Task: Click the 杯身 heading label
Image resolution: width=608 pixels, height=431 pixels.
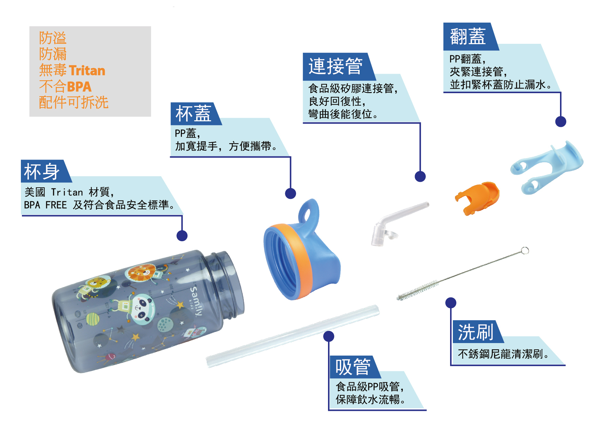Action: pos(42,171)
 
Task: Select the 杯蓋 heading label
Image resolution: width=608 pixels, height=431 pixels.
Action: pos(193,114)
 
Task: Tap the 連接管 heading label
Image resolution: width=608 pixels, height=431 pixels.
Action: pos(335,66)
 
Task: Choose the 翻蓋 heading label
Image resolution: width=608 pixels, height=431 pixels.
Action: pos(467,36)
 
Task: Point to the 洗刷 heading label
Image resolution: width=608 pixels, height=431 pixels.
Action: pos(475,332)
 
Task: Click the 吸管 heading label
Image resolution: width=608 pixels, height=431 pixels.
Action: pos(353,367)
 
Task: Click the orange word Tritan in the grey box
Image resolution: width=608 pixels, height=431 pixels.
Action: pos(87,71)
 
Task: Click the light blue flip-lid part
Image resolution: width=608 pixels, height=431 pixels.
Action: pos(546,167)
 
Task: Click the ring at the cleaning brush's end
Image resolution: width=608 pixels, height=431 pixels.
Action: pos(525,250)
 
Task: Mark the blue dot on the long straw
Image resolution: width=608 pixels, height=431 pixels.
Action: pos(329,336)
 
